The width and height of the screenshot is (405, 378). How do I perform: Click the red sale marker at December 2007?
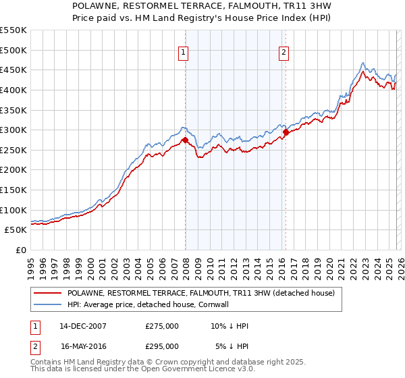click(x=185, y=140)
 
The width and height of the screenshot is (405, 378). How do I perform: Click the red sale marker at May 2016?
click(x=286, y=132)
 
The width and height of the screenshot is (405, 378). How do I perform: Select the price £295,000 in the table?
click(x=162, y=346)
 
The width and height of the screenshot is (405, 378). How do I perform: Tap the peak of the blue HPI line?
click(x=363, y=62)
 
